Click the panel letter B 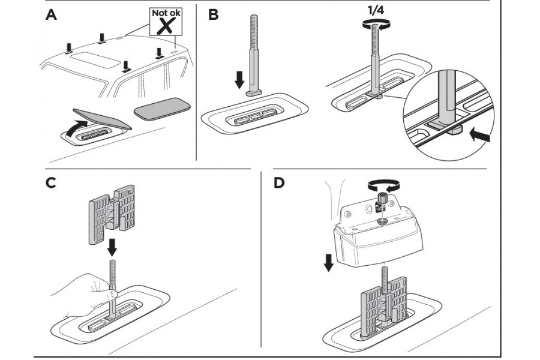click(x=214, y=15)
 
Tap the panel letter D click(x=278, y=183)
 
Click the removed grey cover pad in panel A click(x=160, y=108)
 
